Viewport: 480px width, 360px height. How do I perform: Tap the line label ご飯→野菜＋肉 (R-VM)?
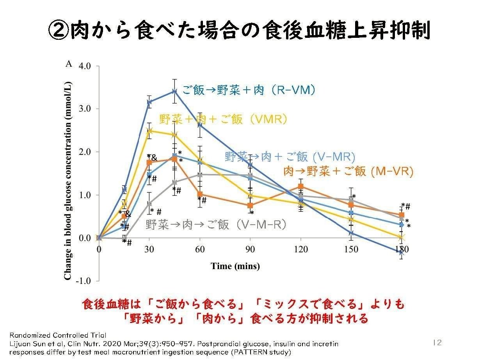pos(249,90)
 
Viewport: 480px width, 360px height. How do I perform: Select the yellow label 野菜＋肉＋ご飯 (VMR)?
pos(223,119)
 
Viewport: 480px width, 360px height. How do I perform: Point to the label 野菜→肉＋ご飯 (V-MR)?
pos(290,157)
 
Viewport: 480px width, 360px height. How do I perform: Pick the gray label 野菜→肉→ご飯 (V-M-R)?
pos(217,224)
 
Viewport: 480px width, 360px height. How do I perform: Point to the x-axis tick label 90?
pos(250,250)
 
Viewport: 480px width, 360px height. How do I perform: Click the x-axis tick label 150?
pos(351,250)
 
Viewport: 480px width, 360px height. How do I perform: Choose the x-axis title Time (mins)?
pos(235,266)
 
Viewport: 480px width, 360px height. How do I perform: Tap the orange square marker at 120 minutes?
pos(300,186)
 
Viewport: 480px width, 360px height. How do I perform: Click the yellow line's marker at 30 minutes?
pos(149,131)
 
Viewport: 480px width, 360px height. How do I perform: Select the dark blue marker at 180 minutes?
pos(402,252)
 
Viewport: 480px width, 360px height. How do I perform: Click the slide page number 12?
pos(437,342)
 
